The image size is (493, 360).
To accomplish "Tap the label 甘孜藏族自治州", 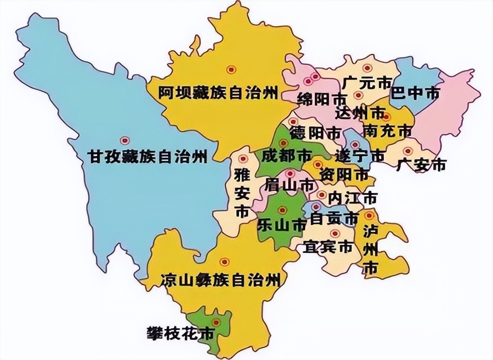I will [x=147, y=157].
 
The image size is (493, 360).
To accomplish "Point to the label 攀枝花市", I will [x=181, y=333].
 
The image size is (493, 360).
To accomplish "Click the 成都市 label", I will [x=286, y=156].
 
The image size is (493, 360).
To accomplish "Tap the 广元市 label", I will [x=366, y=82].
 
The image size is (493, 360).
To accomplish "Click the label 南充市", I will [x=387, y=131].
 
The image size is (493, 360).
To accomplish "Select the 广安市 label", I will [x=422, y=165].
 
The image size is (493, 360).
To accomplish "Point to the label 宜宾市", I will [x=328, y=246].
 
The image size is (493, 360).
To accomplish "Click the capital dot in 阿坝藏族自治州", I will [x=230, y=69].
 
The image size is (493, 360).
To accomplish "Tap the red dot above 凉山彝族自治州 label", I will [x=224, y=262].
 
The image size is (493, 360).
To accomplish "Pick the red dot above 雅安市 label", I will [x=243, y=159].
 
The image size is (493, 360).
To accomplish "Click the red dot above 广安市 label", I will [x=408, y=151].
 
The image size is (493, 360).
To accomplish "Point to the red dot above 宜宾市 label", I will [x=335, y=233].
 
